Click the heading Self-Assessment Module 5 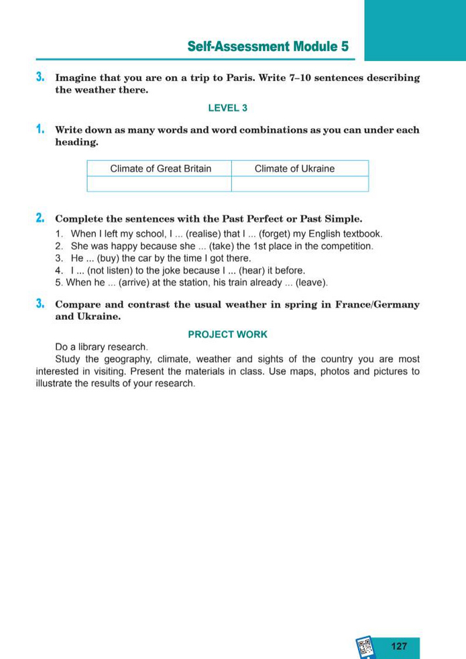coord(268,46)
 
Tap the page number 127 coord(398,646)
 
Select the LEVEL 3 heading coord(228,107)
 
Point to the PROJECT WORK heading coord(228,334)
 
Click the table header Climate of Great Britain coord(160,168)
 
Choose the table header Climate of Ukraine coord(294,168)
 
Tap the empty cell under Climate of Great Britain coord(160,184)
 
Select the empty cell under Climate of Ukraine coord(300,184)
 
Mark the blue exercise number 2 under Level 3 coord(40,218)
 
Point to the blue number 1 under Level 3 coord(40,129)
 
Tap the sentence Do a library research coord(101,347)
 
